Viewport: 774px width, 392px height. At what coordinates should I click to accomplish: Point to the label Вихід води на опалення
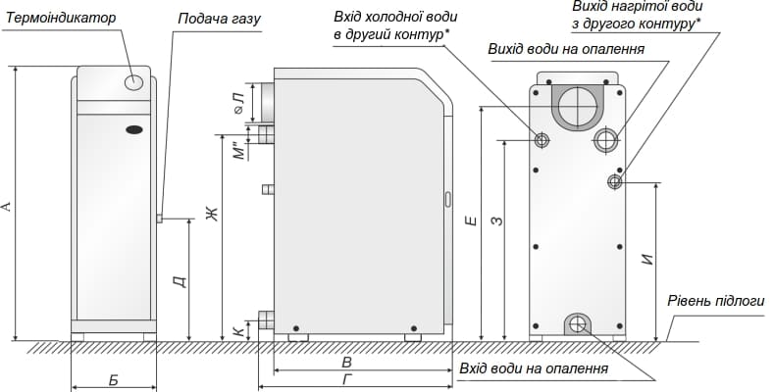click(x=565, y=49)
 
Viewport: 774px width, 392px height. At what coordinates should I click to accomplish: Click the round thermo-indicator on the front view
click(x=135, y=84)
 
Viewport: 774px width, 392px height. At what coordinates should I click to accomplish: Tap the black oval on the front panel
click(x=133, y=129)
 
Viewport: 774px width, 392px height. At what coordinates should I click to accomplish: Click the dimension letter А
click(x=8, y=206)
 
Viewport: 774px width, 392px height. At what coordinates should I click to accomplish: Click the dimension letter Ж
click(x=211, y=213)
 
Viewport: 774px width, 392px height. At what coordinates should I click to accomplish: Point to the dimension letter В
click(x=346, y=362)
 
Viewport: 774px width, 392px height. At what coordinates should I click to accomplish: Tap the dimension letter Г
click(x=348, y=379)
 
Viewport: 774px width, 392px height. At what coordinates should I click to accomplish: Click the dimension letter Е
click(x=473, y=222)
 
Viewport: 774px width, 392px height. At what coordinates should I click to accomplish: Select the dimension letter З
click(x=497, y=222)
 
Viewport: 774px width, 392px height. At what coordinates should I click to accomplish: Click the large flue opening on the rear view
click(x=577, y=103)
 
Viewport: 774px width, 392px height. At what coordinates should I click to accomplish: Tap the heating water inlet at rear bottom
click(x=578, y=324)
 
